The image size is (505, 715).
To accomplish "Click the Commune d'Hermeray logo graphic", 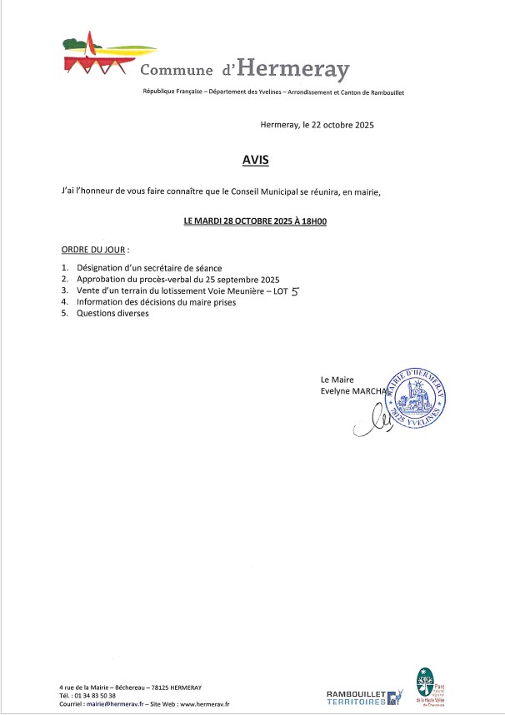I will [x=98, y=55].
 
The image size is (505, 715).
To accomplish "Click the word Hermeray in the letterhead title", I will [x=295, y=69].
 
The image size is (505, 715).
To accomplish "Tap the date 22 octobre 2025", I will [x=340, y=126].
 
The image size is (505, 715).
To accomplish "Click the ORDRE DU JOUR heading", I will [x=94, y=250].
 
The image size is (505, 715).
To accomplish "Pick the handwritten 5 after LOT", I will [x=292, y=291].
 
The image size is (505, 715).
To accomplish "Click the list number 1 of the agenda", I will [x=65, y=268].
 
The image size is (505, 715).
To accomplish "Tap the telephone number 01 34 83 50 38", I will [x=94, y=695].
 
